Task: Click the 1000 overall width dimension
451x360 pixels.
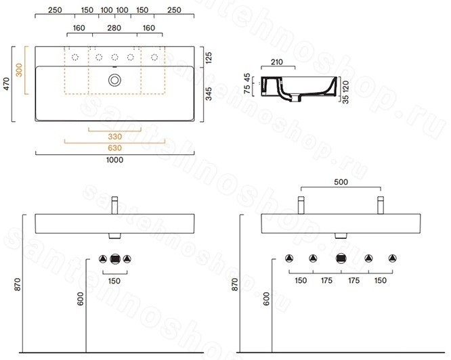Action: click(x=114, y=160)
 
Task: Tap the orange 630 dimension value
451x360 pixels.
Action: click(x=114, y=148)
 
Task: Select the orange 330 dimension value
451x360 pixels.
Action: click(x=114, y=137)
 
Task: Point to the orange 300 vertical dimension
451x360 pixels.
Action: click(x=19, y=70)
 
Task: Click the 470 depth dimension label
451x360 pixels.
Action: click(x=7, y=83)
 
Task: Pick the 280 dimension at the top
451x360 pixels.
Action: click(x=114, y=28)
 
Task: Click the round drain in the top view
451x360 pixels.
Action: click(x=114, y=80)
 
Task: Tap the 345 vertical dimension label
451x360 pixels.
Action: click(x=209, y=94)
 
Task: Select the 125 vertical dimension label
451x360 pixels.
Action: click(x=209, y=58)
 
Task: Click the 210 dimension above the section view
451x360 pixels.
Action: click(x=277, y=62)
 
